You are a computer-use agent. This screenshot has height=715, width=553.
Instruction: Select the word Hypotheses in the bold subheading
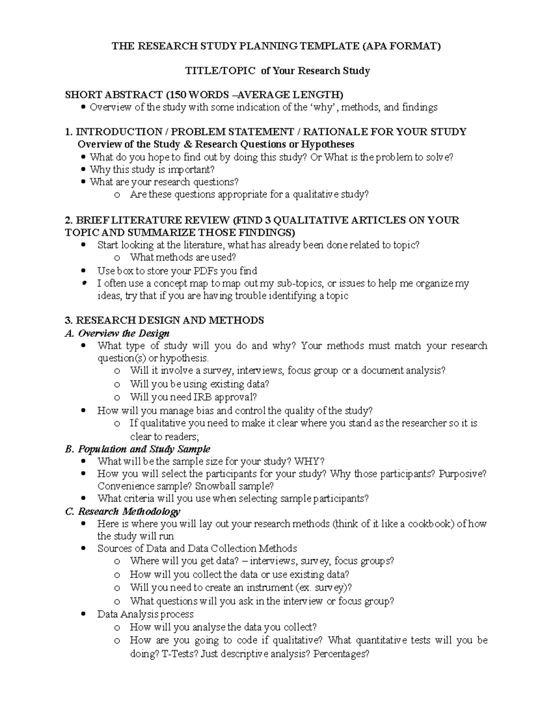click(328, 145)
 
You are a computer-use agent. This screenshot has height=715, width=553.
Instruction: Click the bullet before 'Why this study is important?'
click(83, 170)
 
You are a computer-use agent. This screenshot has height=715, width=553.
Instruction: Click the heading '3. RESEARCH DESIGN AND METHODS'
click(165, 320)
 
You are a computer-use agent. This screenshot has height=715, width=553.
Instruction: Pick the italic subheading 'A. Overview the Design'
click(118, 333)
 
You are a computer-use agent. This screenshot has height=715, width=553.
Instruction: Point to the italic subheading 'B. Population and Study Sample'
click(138, 449)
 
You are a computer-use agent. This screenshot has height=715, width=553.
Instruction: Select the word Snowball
click(212, 486)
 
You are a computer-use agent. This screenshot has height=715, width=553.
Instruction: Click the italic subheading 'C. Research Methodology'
click(123, 512)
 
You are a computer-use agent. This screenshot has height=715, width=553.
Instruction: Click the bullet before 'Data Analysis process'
click(83, 615)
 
